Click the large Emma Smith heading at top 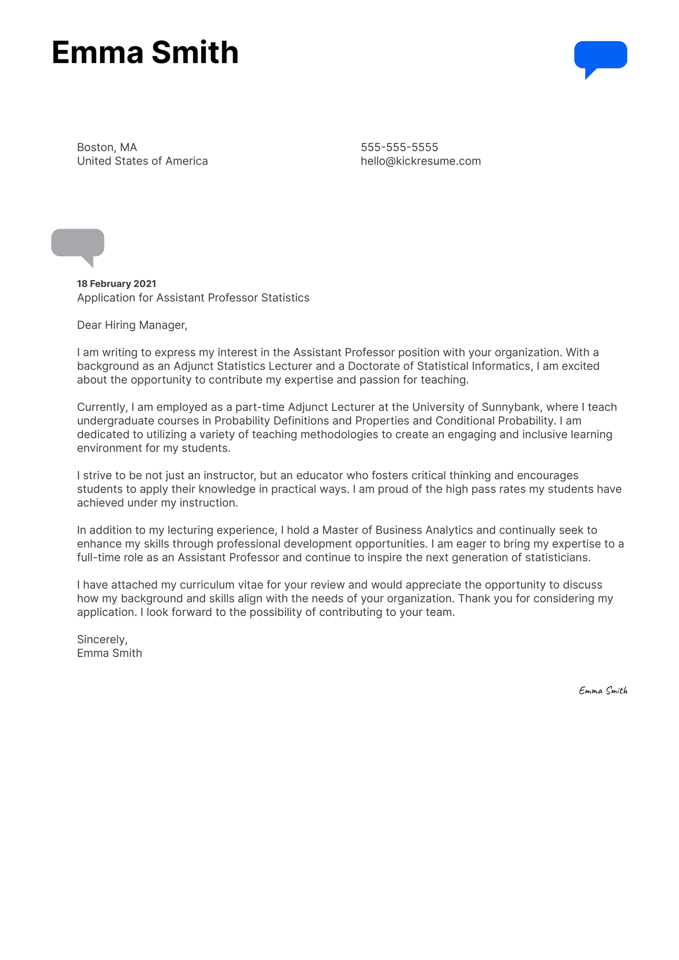tap(145, 52)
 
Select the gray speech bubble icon tap(78, 244)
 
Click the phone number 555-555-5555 tap(399, 147)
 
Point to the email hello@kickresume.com tap(420, 161)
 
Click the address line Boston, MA tap(107, 147)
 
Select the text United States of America tap(142, 161)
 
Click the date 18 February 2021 tap(117, 283)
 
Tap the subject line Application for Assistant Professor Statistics tap(193, 297)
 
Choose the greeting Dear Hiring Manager tap(132, 325)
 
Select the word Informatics tap(500, 366)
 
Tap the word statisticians tap(557, 557)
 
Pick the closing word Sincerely tap(102, 639)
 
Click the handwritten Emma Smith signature tap(603, 690)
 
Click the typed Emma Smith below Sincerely tap(110, 653)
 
